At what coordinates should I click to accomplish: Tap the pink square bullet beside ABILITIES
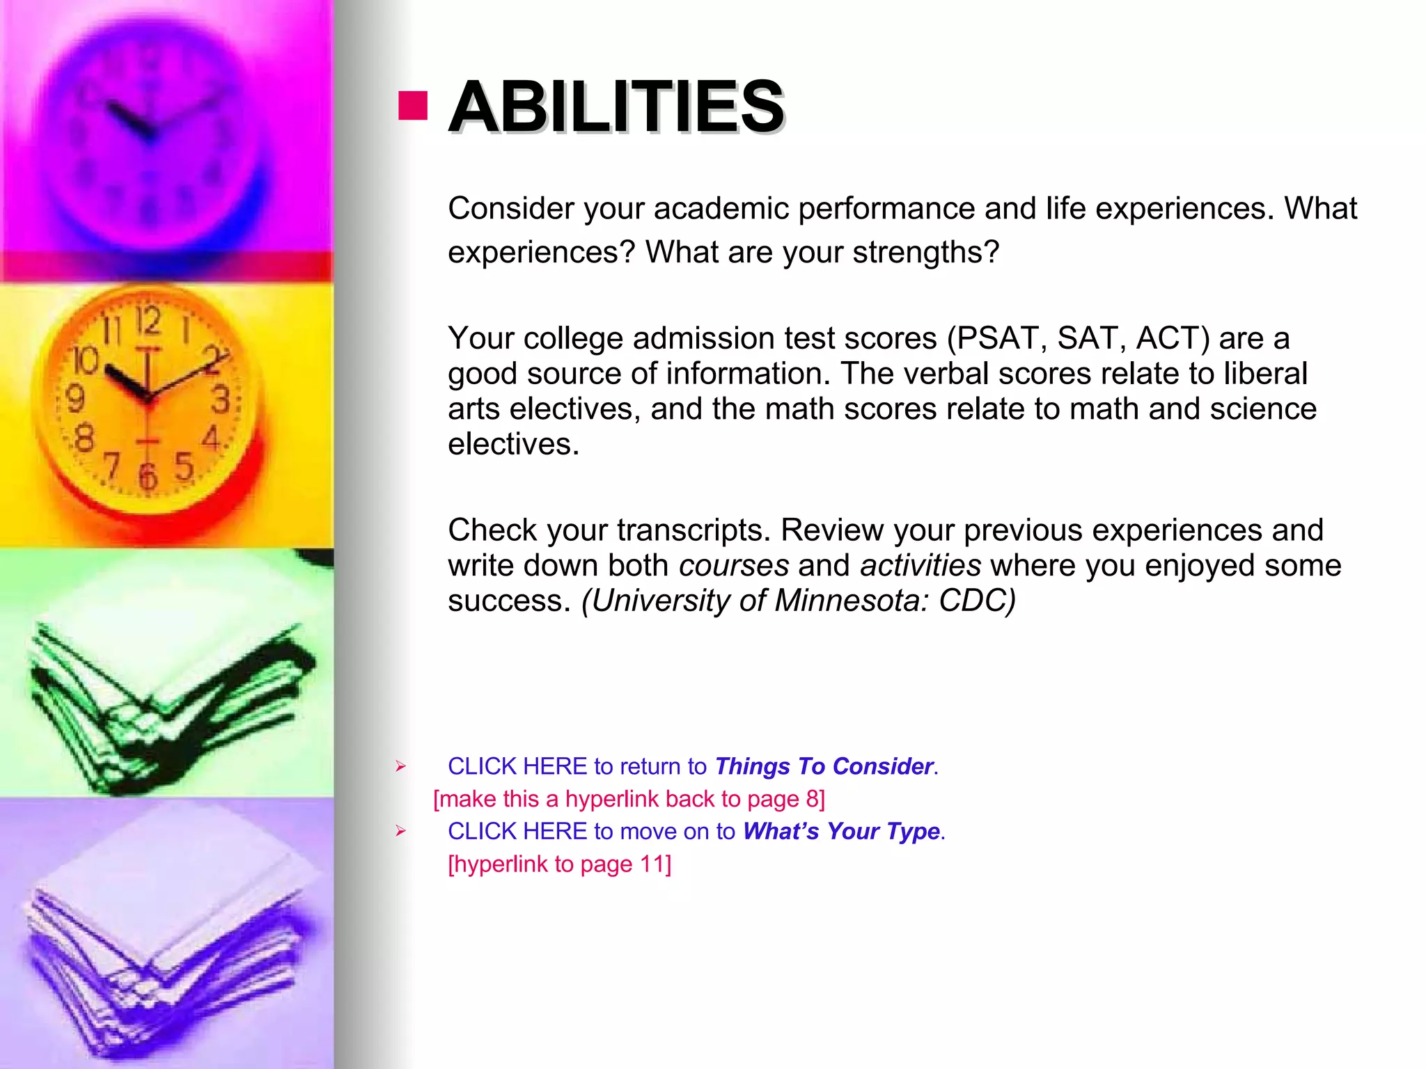pos(412,106)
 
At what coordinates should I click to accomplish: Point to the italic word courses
pos(734,566)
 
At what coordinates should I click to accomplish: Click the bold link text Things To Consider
pos(824,766)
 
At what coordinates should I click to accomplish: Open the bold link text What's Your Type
pos(842,832)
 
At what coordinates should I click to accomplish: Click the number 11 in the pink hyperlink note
pos(652,864)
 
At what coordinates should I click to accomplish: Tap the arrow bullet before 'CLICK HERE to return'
pos(400,766)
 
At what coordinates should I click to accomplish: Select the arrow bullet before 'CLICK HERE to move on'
pos(400,831)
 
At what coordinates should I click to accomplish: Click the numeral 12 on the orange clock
pos(148,321)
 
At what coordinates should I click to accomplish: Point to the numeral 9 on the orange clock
pos(75,399)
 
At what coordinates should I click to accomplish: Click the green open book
pos(167,689)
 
